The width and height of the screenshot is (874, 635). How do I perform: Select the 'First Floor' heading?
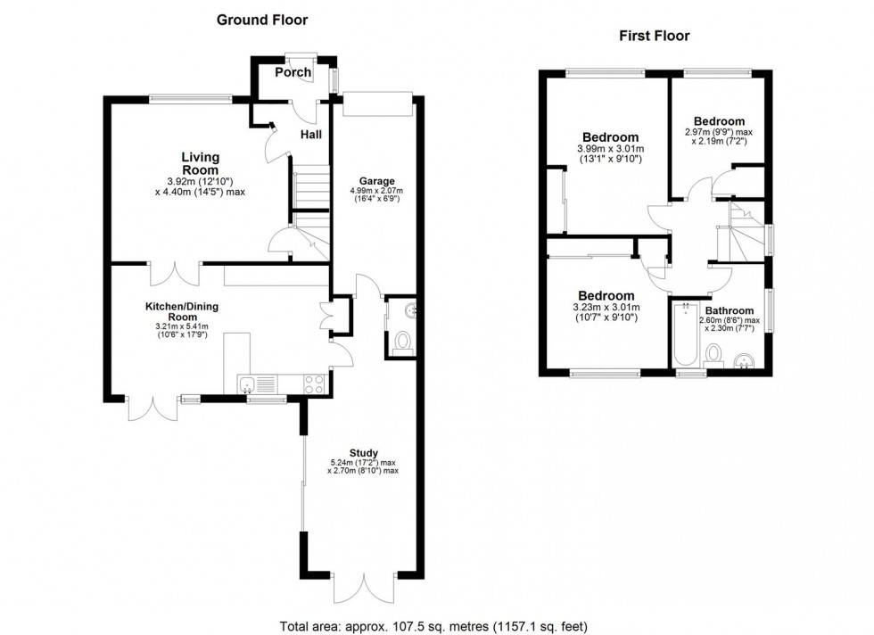tap(655, 36)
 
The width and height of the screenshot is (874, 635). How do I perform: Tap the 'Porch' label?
tap(293, 72)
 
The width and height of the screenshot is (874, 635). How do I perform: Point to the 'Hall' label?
tap(310, 135)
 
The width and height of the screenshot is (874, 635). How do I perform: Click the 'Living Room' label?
tap(200, 163)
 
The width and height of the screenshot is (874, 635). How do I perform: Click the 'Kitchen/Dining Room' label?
tap(182, 311)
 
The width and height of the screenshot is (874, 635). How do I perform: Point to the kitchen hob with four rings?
tap(315, 384)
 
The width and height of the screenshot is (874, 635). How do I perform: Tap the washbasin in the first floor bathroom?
tap(745, 359)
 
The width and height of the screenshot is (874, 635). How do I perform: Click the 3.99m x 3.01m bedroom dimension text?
tap(610, 153)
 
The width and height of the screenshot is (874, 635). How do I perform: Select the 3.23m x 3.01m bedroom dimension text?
tap(606, 313)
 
